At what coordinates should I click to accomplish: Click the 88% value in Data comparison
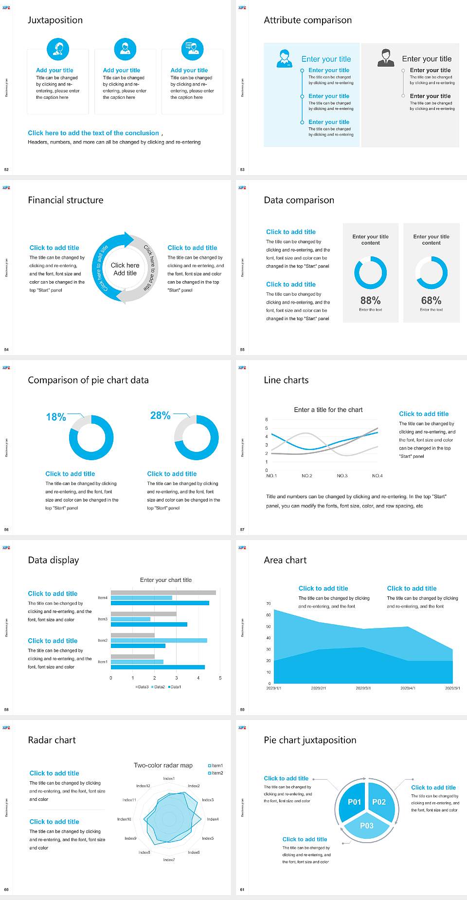pyautogui.click(x=370, y=300)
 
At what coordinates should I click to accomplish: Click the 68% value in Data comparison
pyautogui.click(x=431, y=300)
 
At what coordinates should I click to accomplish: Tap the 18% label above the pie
pyautogui.click(x=56, y=417)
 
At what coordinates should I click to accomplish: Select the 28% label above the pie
pyautogui.click(x=160, y=415)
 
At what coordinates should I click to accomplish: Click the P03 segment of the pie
pyautogui.click(x=367, y=826)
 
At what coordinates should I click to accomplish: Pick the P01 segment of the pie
pyautogui.click(x=354, y=802)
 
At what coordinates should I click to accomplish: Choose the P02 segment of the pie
pyautogui.click(x=379, y=802)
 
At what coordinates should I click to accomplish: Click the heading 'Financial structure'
pyautogui.click(x=66, y=200)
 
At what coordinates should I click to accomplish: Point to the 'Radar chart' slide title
pyautogui.click(x=52, y=740)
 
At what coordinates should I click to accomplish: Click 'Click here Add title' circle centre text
pyautogui.click(x=125, y=269)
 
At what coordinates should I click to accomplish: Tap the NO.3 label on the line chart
pyautogui.click(x=342, y=476)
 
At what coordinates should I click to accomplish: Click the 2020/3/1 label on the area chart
pyautogui.click(x=363, y=688)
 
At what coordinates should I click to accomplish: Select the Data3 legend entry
pyautogui.click(x=142, y=687)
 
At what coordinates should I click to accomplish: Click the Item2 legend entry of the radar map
pyautogui.click(x=216, y=773)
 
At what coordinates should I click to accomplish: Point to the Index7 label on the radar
pyautogui.click(x=169, y=860)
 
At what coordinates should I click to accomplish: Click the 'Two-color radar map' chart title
pyautogui.click(x=163, y=765)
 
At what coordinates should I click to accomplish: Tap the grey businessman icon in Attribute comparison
pyautogui.click(x=386, y=58)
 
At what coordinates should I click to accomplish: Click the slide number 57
pyautogui.click(x=242, y=529)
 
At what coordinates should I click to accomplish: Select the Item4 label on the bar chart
pyautogui.click(x=103, y=597)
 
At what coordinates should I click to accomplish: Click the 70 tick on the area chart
pyautogui.click(x=269, y=604)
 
